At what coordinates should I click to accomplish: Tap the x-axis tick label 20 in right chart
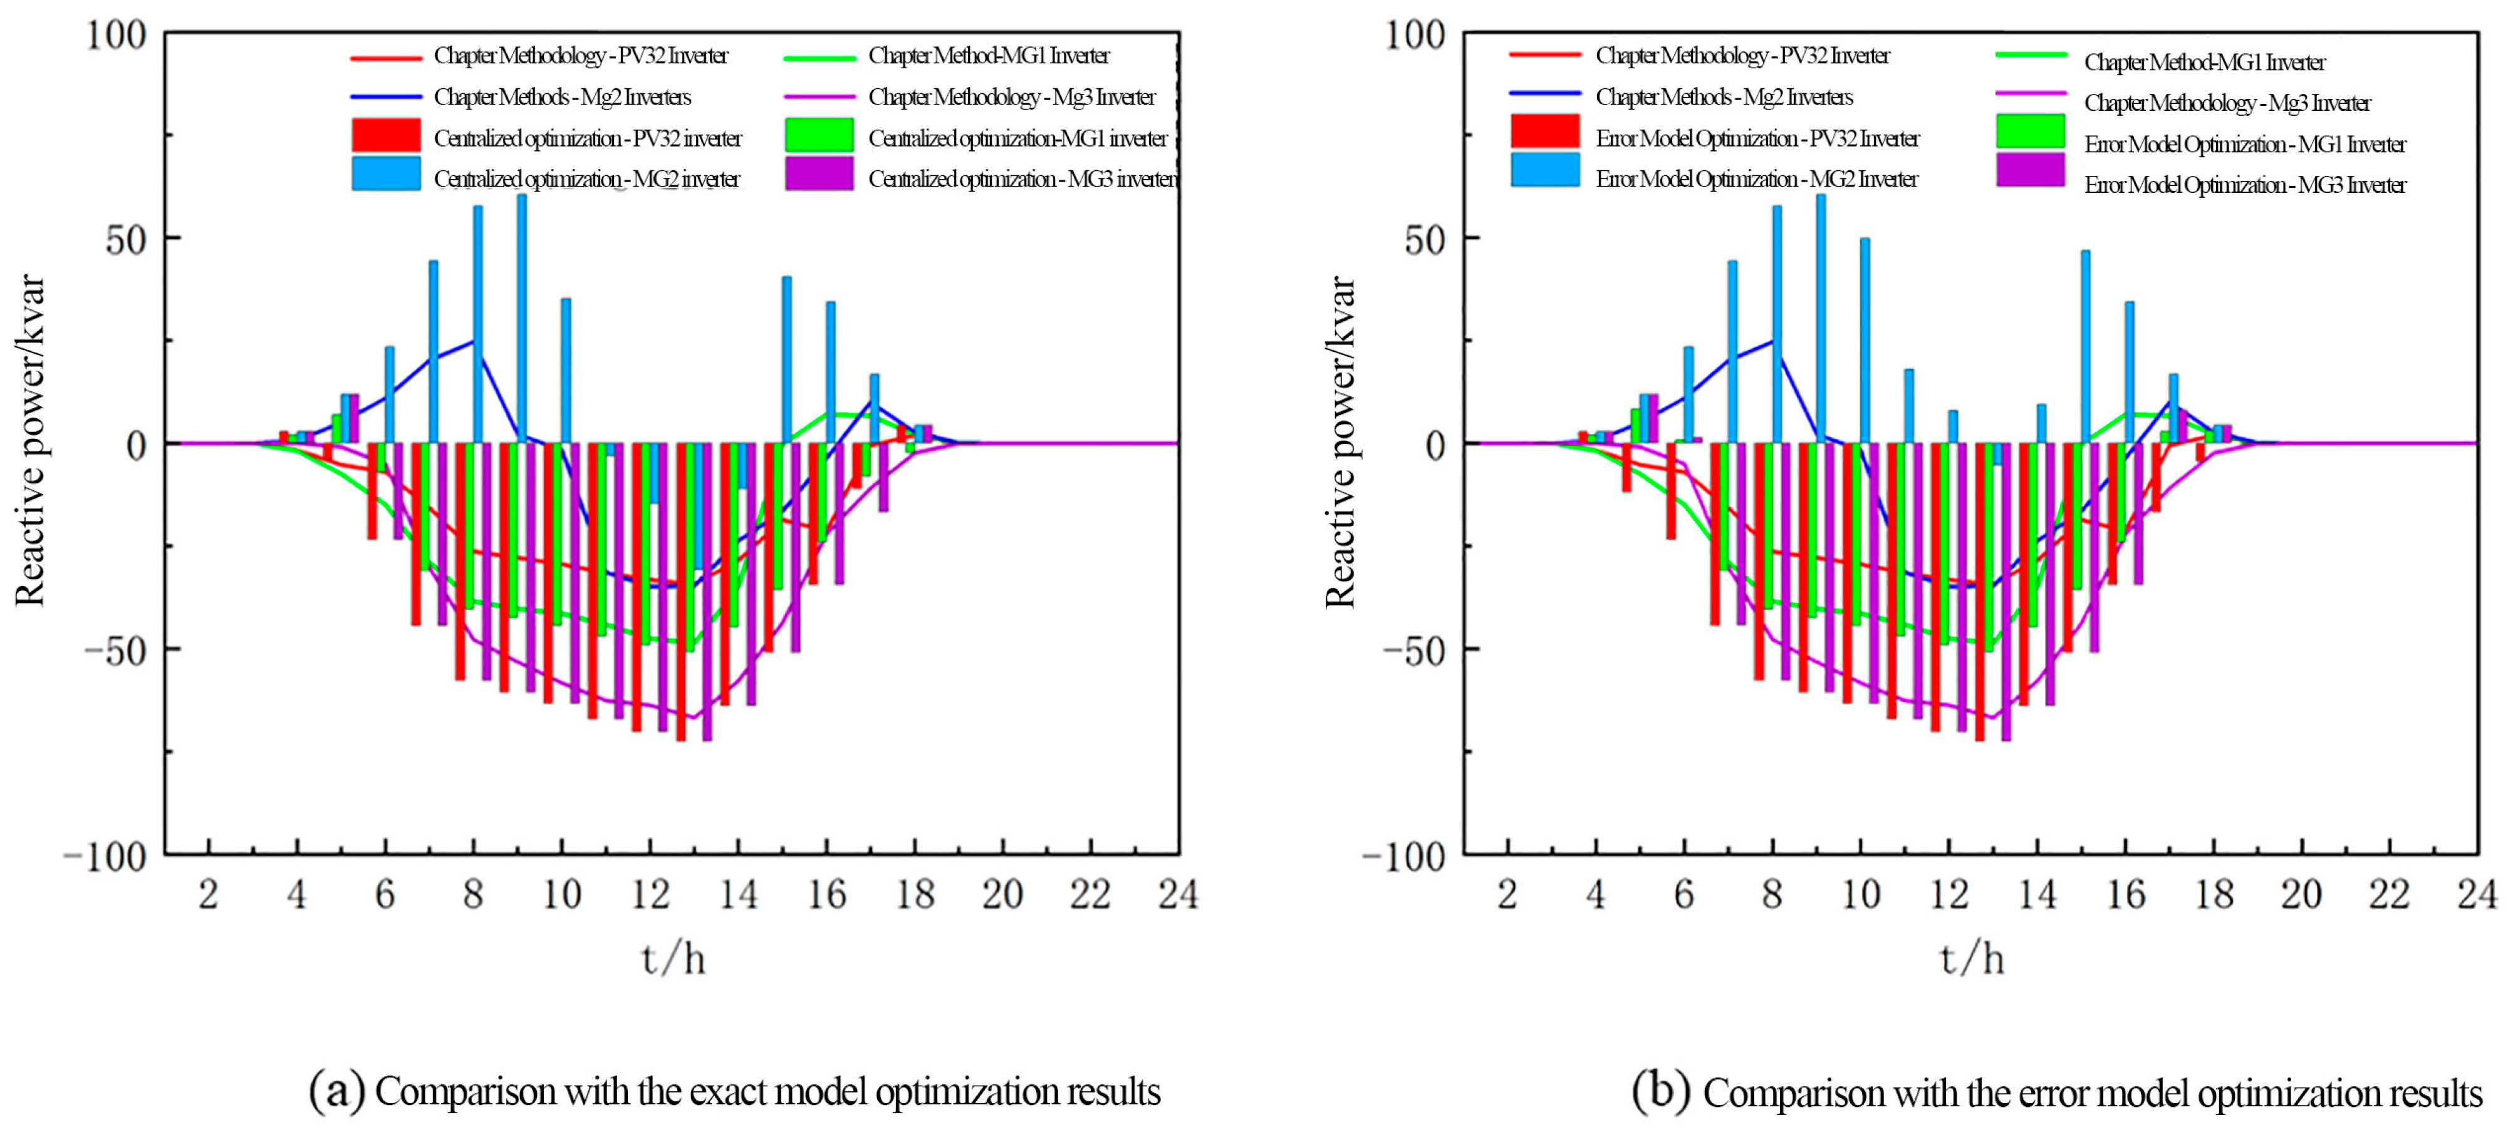coord(2301,894)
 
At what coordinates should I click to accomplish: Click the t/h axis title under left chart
coord(673,959)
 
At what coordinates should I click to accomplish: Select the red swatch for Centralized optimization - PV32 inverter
coord(387,135)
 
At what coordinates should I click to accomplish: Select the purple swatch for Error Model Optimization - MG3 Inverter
coord(2030,170)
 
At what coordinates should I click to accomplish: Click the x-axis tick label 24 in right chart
coord(2477,894)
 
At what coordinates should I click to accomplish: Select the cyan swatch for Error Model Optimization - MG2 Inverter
coord(1545,170)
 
